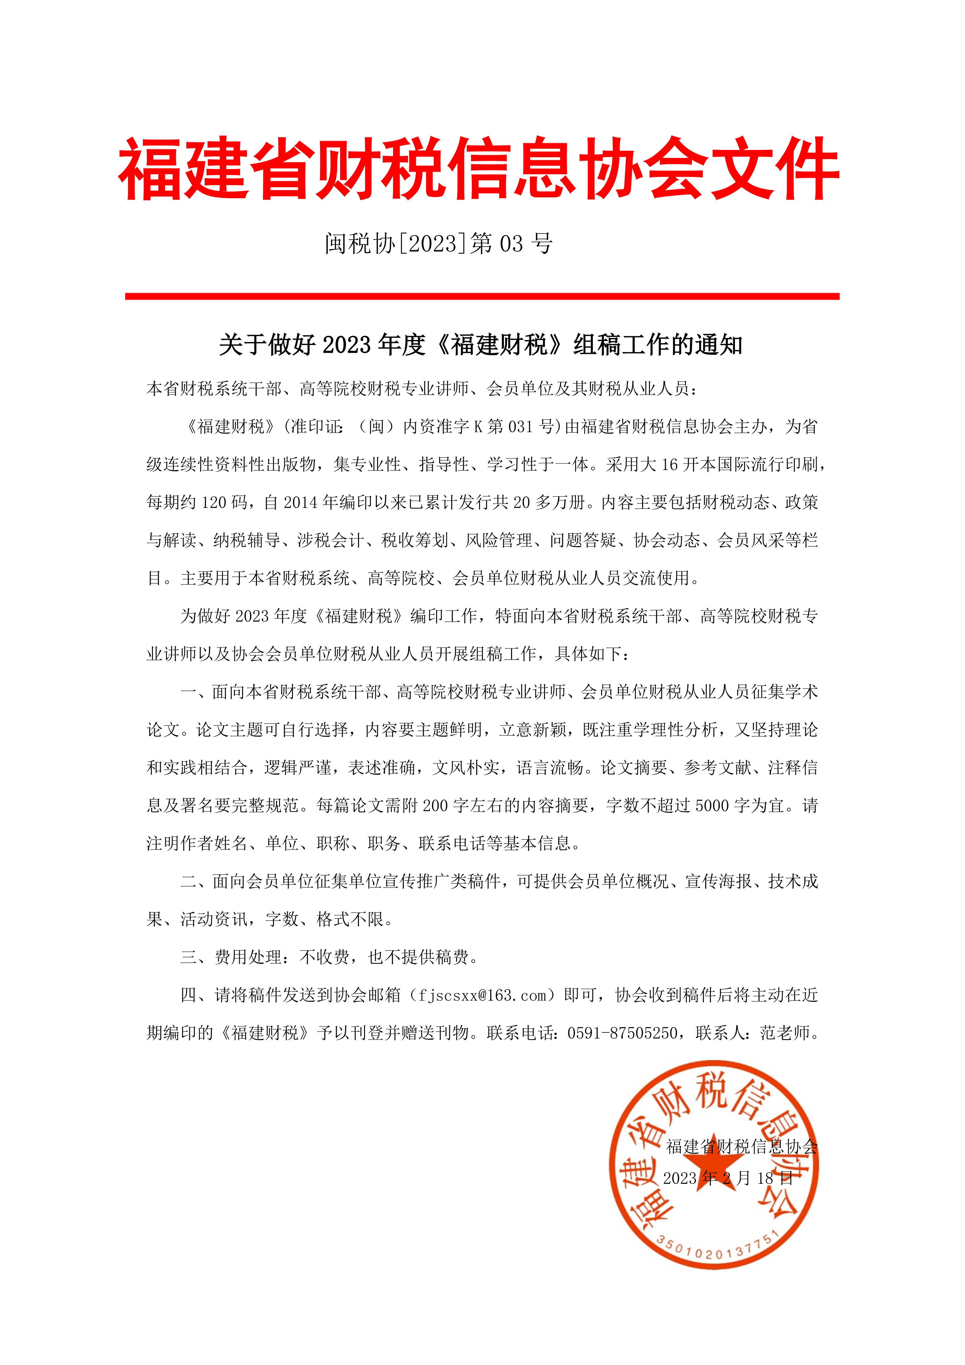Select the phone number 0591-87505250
622,1033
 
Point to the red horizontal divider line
482,296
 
